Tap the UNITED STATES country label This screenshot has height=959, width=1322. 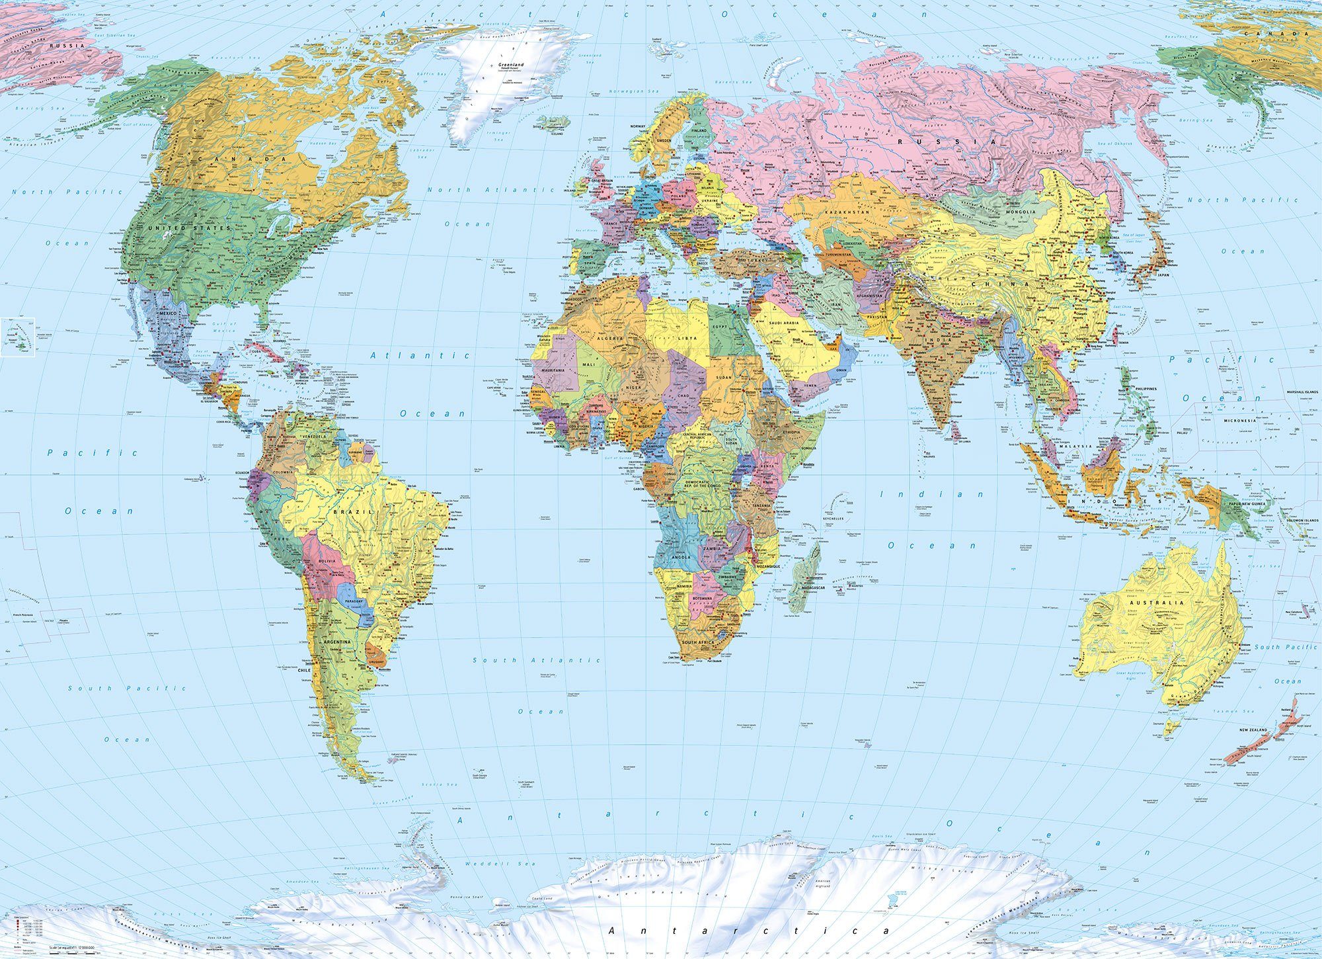190,228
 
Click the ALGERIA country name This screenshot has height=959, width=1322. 610,338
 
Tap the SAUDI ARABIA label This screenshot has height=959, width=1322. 783,323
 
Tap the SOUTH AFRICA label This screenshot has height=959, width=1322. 699,643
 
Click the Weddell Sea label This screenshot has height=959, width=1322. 500,864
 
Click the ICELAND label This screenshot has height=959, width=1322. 557,133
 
